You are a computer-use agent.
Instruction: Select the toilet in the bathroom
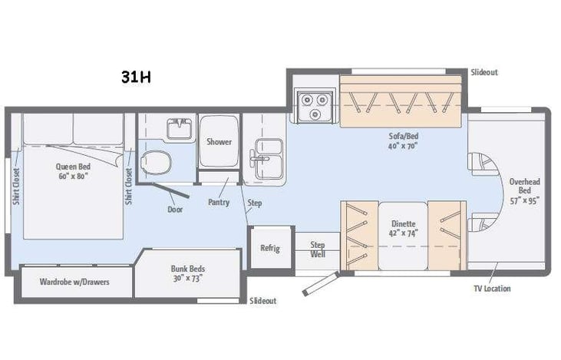(157, 162)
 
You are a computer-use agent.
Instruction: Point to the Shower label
(219, 141)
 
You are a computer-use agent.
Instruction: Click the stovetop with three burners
(314, 106)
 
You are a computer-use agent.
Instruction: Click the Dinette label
(402, 228)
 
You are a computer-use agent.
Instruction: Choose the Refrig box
(271, 248)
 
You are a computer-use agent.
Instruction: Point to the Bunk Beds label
(188, 273)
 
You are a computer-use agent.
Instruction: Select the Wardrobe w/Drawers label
(74, 282)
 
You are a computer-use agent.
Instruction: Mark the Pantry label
(219, 202)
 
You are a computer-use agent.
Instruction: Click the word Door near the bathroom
(174, 208)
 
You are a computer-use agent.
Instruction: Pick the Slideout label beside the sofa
(484, 72)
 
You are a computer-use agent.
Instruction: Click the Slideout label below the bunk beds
(263, 301)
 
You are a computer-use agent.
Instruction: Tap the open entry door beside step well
(319, 282)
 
